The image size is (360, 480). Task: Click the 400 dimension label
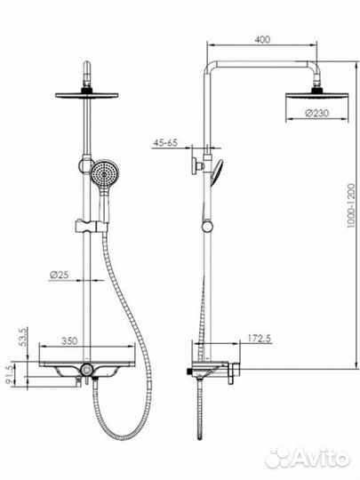pos(262,39)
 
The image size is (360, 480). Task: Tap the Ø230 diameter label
pos(316,113)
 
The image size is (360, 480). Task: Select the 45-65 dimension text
pos(165,142)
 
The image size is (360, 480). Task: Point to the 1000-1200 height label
pos(351,205)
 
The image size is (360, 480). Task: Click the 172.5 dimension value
pos(259,339)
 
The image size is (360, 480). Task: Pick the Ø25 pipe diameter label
pos(59,275)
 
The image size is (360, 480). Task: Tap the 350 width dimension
pos(69,340)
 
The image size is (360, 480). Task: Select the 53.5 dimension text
pos(23,337)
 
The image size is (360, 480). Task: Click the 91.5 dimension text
pos(10,374)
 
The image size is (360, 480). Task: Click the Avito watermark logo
pos(307,458)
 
